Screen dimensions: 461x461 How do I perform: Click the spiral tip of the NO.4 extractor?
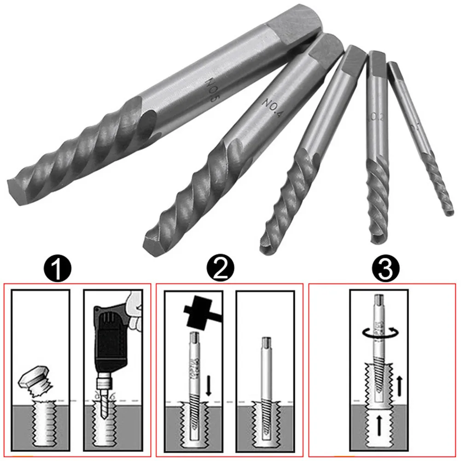pyautogui.click(x=154, y=239)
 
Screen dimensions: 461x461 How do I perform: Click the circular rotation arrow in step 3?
pyautogui.click(x=379, y=333)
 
